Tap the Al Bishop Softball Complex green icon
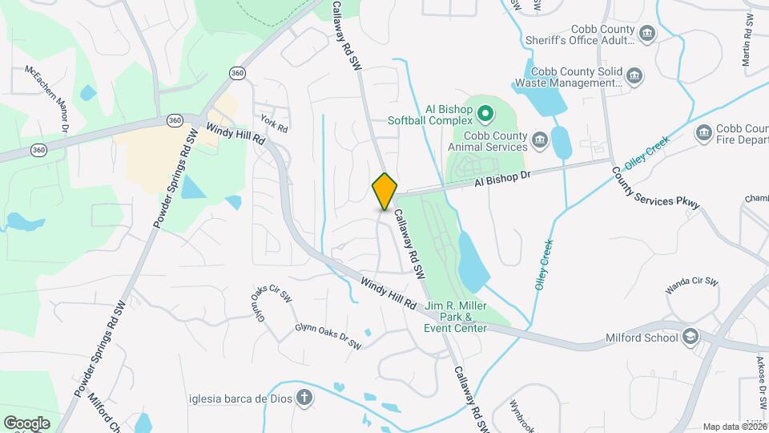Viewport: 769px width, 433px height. (485, 114)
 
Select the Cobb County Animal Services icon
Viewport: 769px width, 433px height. (539, 140)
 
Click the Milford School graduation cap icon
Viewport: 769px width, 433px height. (690, 337)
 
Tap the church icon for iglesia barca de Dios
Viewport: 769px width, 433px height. (304, 397)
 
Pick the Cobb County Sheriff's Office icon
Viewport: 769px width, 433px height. (646, 34)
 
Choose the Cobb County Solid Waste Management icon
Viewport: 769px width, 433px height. (634, 76)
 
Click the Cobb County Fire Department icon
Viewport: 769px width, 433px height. (704, 133)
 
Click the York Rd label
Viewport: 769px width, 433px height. (273, 125)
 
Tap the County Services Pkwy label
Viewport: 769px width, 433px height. (655, 188)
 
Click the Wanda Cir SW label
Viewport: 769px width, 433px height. (694, 286)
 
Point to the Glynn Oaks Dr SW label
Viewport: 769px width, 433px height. (328, 335)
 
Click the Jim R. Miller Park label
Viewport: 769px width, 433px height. (456, 317)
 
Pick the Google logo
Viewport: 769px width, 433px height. (26, 423)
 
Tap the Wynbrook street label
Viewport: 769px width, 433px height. (529, 415)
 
